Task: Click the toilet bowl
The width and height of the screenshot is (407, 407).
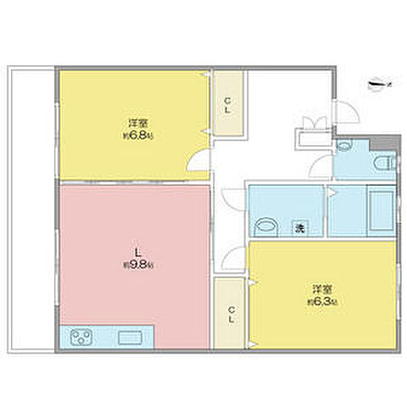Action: [x=379, y=161]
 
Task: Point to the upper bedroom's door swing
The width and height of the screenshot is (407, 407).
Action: [x=197, y=163]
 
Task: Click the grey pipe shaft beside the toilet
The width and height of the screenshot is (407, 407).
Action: [x=387, y=139]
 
